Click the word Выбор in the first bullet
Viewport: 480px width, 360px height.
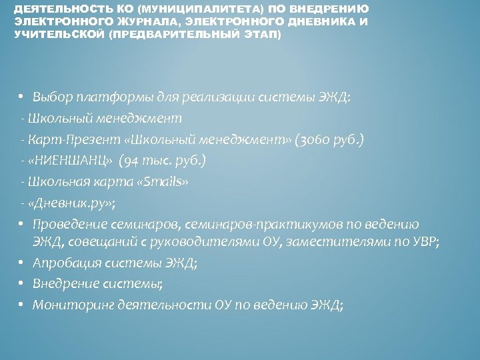pyautogui.click(x=51, y=97)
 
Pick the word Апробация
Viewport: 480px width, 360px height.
pyautogui.click(x=65, y=263)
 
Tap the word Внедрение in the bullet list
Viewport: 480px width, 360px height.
pyautogui.click(x=65, y=284)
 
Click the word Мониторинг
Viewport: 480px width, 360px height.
pyautogui.click(x=71, y=305)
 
